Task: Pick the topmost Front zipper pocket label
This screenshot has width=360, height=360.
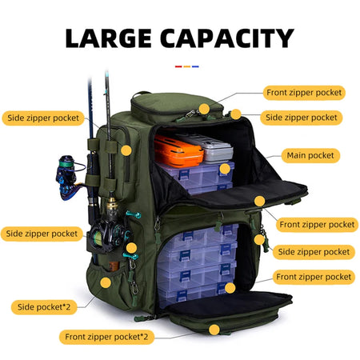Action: coord(304,92)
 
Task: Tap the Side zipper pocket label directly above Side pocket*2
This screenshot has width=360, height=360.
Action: coord(43,234)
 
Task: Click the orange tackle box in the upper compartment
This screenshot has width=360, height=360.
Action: coord(178,149)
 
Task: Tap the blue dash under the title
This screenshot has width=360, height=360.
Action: coord(195,66)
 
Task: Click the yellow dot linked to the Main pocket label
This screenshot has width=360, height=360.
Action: coord(226,169)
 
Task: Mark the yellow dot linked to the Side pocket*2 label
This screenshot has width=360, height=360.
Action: coord(106,282)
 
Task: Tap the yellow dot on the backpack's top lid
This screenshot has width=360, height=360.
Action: coord(204,108)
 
